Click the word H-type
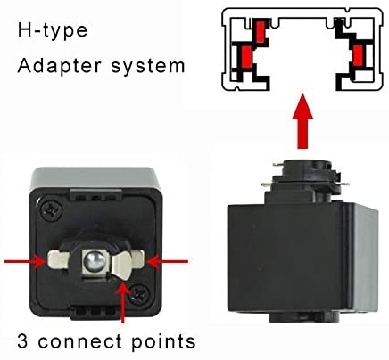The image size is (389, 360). tap(53, 30)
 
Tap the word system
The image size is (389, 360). tap(148, 67)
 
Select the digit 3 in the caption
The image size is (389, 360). tap(22, 340)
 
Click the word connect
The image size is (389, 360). tap(80, 341)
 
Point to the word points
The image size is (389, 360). tap(163, 342)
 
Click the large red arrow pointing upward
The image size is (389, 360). tap(302, 121)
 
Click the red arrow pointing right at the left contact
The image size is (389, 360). tap(25, 262)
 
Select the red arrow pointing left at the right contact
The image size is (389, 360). tap(168, 262)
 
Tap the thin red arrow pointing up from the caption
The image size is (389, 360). tap(123, 301)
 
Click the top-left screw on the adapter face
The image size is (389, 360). tap(52, 210)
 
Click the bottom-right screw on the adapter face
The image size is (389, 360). tap(139, 293)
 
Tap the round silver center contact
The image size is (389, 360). tap(95, 261)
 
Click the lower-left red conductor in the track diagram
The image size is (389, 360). tap(246, 56)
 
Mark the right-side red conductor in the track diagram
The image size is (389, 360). tap(358, 55)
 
